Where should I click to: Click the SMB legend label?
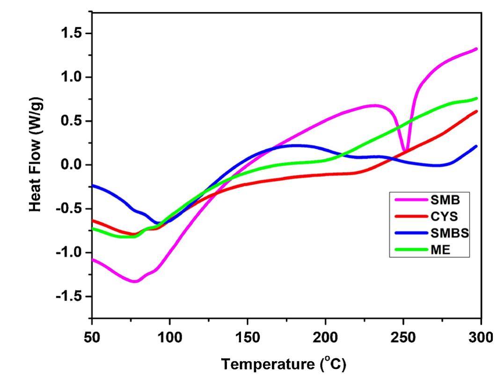point(445,200)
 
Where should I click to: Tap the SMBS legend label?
point(449,233)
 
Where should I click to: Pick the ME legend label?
point(440,250)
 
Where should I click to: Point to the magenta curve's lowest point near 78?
point(135,281)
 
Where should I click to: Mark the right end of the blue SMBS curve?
point(476,146)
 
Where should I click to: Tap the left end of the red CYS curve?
point(93,220)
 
